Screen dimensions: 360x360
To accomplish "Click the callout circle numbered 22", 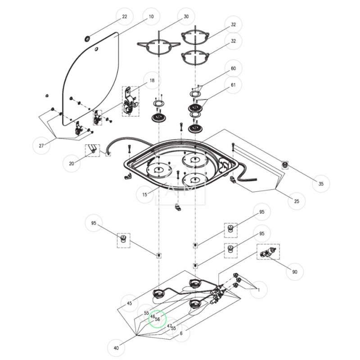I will pyautogui.click(x=125, y=17).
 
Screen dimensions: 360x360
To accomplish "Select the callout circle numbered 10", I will pyautogui.click(x=152, y=17).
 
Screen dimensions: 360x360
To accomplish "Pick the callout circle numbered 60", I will pyautogui.click(x=233, y=68).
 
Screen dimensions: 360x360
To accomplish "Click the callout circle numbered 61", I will pyautogui.click(x=233, y=85).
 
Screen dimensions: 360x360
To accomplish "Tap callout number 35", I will pyautogui.click(x=321, y=184).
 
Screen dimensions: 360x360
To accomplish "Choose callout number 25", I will pyautogui.click(x=297, y=201).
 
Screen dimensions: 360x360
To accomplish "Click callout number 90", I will pyautogui.click(x=295, y=272).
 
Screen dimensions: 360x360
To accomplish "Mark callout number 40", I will pyautogui.click(x=117, y=348).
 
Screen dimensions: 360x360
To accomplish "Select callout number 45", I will pyautogui.click(x=130, y=303).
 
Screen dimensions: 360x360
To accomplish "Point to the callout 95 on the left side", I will pyautogui.click(x=94, y=223).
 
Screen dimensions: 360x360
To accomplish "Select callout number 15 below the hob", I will pyautogui.click(x=145, y=195).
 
